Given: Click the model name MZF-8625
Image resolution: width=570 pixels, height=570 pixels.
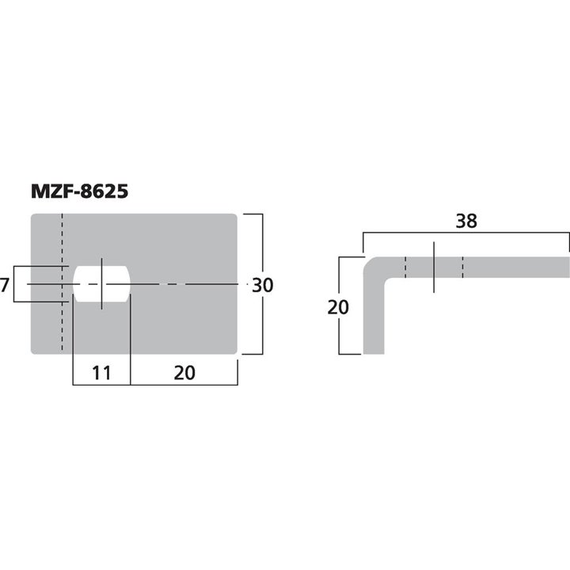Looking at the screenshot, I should (x=79, y=192).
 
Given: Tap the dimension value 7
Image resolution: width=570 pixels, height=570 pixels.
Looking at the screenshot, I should (x=5, y=285).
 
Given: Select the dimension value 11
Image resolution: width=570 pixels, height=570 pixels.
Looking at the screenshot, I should (x=100, y=372).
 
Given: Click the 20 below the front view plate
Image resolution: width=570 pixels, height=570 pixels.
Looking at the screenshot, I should (x=184, y=372).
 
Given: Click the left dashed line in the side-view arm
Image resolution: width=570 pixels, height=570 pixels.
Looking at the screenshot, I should (x=405, y=268).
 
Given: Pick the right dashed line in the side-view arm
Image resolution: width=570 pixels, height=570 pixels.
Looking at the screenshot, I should (x=463, y=268).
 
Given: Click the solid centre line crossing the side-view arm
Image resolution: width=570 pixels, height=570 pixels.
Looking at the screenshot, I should (x=435, y=268).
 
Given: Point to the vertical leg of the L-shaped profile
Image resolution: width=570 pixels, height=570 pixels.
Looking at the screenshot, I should (x=374, y=325).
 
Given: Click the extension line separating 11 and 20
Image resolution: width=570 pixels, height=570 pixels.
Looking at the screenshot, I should (x=130, y=348).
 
